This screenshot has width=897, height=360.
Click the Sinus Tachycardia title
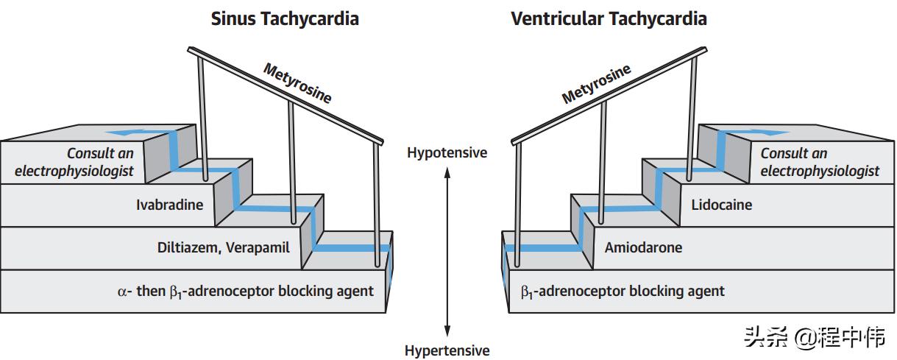click(x=285, y=19)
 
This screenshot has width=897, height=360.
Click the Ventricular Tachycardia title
click(x=609, y=19)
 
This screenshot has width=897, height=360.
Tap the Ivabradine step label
click(x=169, y=205)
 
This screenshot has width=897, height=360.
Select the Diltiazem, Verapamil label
click(x=223, y=247)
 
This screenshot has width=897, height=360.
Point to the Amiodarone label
click(x=643, y=247)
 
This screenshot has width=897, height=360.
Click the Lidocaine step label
click(x=721, y=205)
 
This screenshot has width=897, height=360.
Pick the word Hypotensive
click(x=447, y=153)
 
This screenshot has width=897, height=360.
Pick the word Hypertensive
click(x=447, y=350)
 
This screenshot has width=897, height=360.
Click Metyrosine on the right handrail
click(x=596, y=84)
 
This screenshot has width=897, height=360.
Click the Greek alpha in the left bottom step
click(x=123, y=291)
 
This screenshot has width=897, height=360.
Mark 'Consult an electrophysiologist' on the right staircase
click(x=819, y=162)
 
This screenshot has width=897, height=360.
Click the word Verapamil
click(x=258, y=247)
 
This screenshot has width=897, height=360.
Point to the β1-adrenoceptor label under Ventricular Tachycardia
click(x=623, y=292)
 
